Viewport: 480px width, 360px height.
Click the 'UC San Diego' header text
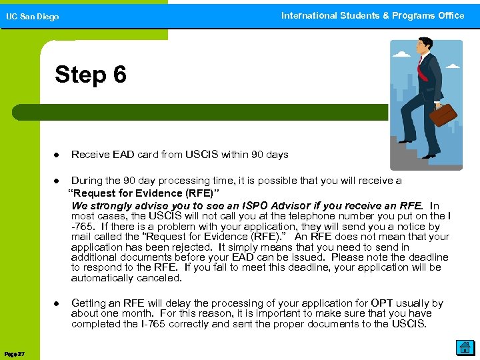pos(33,17)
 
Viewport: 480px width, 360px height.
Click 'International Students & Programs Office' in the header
pos(372,15)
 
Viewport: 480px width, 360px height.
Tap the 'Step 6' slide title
pos(90,74)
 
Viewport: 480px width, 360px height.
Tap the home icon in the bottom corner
pos(464,347)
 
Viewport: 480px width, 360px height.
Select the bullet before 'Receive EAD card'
pos(57,155)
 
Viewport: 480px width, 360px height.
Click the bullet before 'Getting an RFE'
pos(57,304)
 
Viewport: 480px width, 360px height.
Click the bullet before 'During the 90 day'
pos(57,181)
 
